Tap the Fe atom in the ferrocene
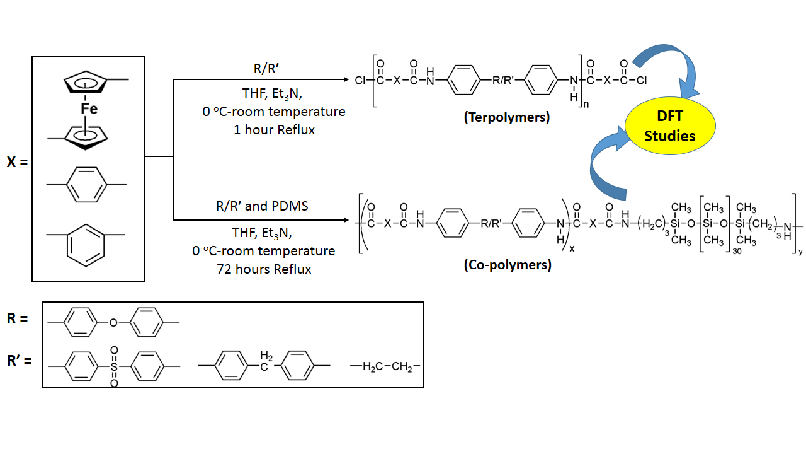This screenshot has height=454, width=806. (89, 109)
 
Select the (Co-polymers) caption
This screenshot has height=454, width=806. (507, 265)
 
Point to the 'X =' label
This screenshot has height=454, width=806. (18, 162)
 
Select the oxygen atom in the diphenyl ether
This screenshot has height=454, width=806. (113, 322)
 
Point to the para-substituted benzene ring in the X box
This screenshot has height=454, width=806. (87, 184)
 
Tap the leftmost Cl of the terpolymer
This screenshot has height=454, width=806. (360, 81)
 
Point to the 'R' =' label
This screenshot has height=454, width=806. (19, 362)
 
